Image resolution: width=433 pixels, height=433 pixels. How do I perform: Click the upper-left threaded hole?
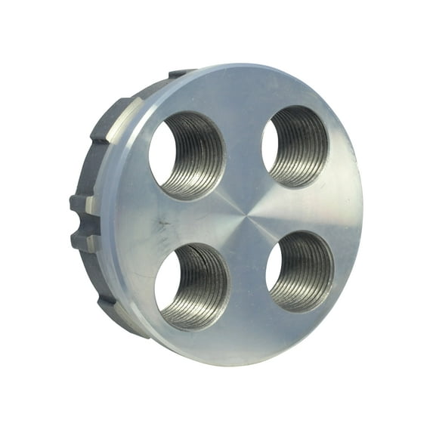[x=187, y=156]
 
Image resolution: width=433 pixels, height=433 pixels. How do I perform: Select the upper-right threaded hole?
[x=295, y=146]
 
